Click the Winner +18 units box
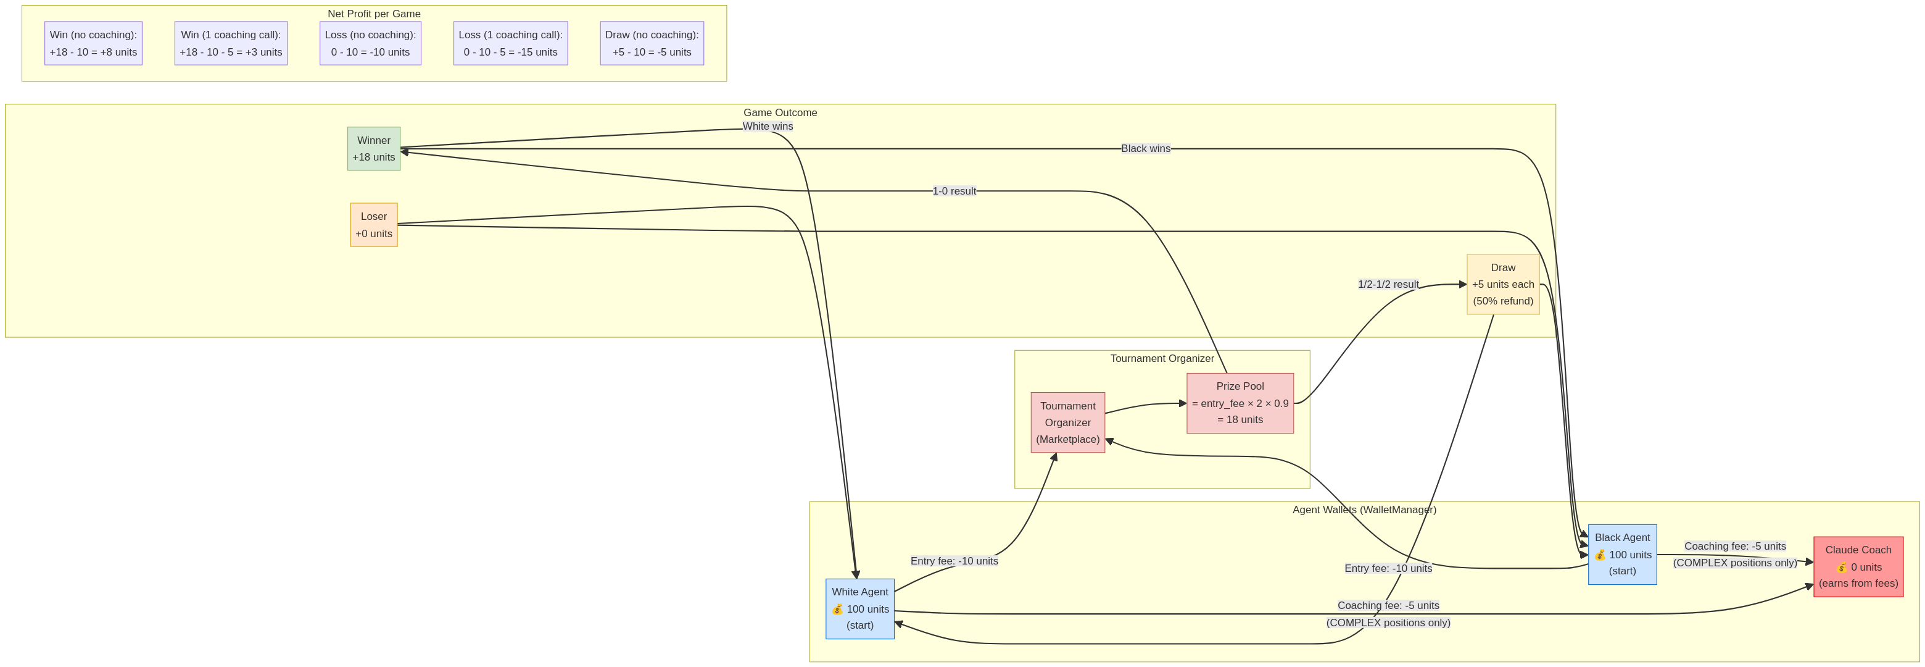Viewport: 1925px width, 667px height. pyautogui.click(x=374, y=149)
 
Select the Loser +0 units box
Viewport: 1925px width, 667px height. pyautogui.click(x=374, y=225)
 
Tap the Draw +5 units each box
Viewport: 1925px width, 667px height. pyautogui.click(x=1503, y=284)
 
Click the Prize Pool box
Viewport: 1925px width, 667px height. pyautogui.click(x=1240, y=403)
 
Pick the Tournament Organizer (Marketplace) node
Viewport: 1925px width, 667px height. pyautogui.click(x=1067, y=422)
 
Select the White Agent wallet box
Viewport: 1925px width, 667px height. pyautogui.click(x=859, y=609)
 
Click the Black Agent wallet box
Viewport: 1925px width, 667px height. pyautogui.click(x=1621, y=554)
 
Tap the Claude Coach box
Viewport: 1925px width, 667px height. pyautogui.click(x=1858, y=567)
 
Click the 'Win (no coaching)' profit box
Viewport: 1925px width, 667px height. pyautogui.click(x=93, y=43)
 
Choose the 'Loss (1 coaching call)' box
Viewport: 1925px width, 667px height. pyautogui.click(x=510, y=43)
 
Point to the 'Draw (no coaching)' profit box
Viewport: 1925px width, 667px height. pyautogui.click(x=652, y=43)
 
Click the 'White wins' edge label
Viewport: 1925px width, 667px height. pyautogui.click(x=768, y=127)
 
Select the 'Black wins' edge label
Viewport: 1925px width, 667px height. pyautogui.click(x=1145, y=149)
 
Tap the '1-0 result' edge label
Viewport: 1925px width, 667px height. pyautogui.click(x=953, y=191)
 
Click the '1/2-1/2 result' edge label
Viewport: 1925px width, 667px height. pyautogui.click(x=1388, y=284)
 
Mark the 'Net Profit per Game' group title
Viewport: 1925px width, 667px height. pyautogui.click(x=374, y=14)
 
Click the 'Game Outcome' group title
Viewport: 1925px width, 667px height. pyautogui.click(x=779, y=113)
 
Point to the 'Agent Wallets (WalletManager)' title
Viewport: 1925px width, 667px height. pyautogui.click(x=1364, y=510)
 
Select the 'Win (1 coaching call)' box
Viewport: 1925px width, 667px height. pyautogui.click(x=231, y=43)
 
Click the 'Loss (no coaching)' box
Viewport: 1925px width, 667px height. pyautogui.click(x=370, y=43)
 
